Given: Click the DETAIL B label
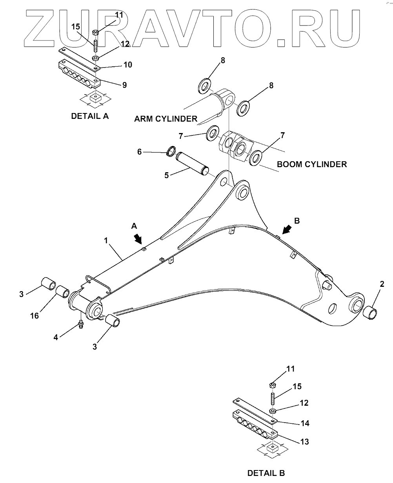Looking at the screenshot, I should coord(266,473).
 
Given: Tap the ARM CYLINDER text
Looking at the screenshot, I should coord(165,119).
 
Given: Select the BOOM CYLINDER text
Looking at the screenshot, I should coord(312,164).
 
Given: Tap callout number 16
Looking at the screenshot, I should coord(35,315).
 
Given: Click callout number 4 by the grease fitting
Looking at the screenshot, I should coord(56,337).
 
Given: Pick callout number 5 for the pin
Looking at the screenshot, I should coord(166,175).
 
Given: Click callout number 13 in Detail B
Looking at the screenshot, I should coord(304,442).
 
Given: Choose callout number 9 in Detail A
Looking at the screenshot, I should coord(124,85).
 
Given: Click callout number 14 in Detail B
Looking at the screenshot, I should coord(305,423).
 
